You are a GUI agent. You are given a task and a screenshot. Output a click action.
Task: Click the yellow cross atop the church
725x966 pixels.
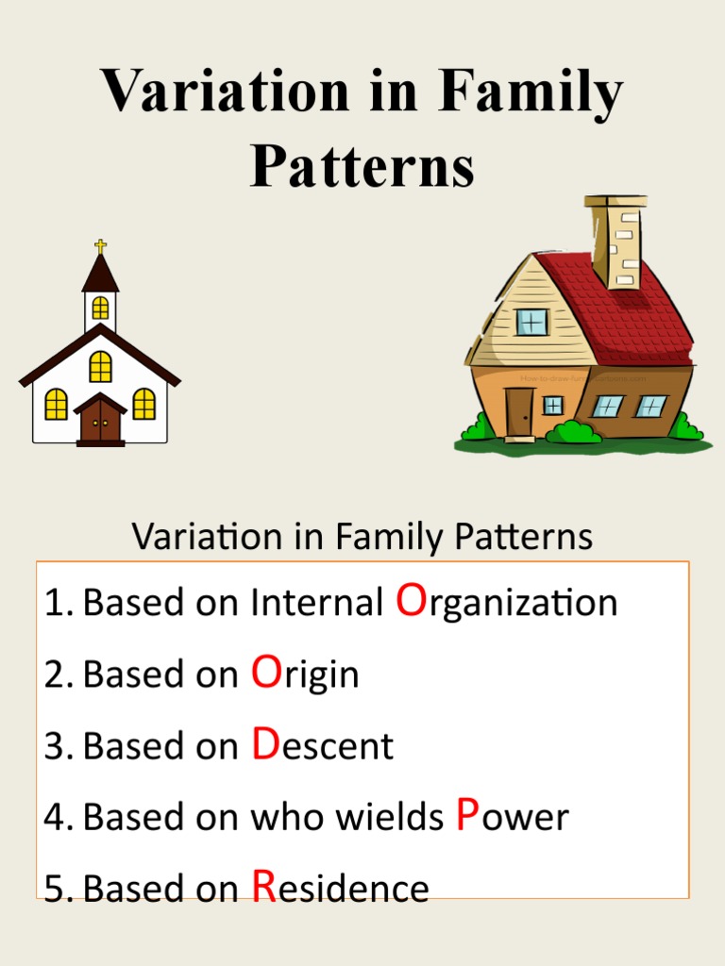point(100,246)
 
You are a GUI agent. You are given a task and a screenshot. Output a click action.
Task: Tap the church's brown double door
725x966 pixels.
point(100,422)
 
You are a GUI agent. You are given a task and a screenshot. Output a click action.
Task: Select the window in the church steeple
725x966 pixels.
point(100,308)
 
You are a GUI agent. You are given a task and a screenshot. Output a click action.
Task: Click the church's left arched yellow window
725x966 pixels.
point(57,404)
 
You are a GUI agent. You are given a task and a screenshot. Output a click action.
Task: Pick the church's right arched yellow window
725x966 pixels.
point(143,404)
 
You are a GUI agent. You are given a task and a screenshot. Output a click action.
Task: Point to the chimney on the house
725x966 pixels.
point(615,241)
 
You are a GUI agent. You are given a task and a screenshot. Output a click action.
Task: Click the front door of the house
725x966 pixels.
point(519,411)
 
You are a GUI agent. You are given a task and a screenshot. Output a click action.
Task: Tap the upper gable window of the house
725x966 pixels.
point(531,322)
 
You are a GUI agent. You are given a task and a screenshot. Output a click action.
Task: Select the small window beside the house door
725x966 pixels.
point(553,405)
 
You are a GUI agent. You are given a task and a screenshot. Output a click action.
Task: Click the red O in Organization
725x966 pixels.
point(412,600)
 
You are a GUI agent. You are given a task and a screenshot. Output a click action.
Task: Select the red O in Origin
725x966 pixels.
point(266,673)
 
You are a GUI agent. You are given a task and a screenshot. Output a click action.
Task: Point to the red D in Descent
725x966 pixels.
point(265,744)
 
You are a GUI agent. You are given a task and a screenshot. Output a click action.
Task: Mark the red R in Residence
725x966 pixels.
point(264,887)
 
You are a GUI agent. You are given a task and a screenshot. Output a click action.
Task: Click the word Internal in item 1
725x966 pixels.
point(317,603)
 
